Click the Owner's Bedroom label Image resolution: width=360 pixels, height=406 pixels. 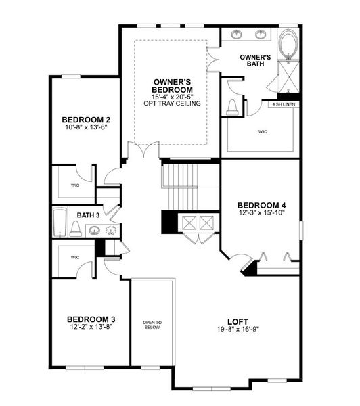tap(172, 86)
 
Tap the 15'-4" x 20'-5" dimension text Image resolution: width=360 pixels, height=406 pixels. tap(172, 96)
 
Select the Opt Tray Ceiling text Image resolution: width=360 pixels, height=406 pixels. tap(172, 103)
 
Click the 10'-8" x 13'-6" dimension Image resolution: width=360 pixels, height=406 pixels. tap(86, 127)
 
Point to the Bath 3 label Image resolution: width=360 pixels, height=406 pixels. tap(87, 215)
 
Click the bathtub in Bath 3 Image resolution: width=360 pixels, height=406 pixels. tap(60, 221)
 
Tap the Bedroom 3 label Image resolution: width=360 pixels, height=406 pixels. tap(90, 319)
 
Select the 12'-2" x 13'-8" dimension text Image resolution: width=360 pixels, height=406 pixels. tap(90, 327)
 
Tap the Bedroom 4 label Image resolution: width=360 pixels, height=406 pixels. tap(261, 205)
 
